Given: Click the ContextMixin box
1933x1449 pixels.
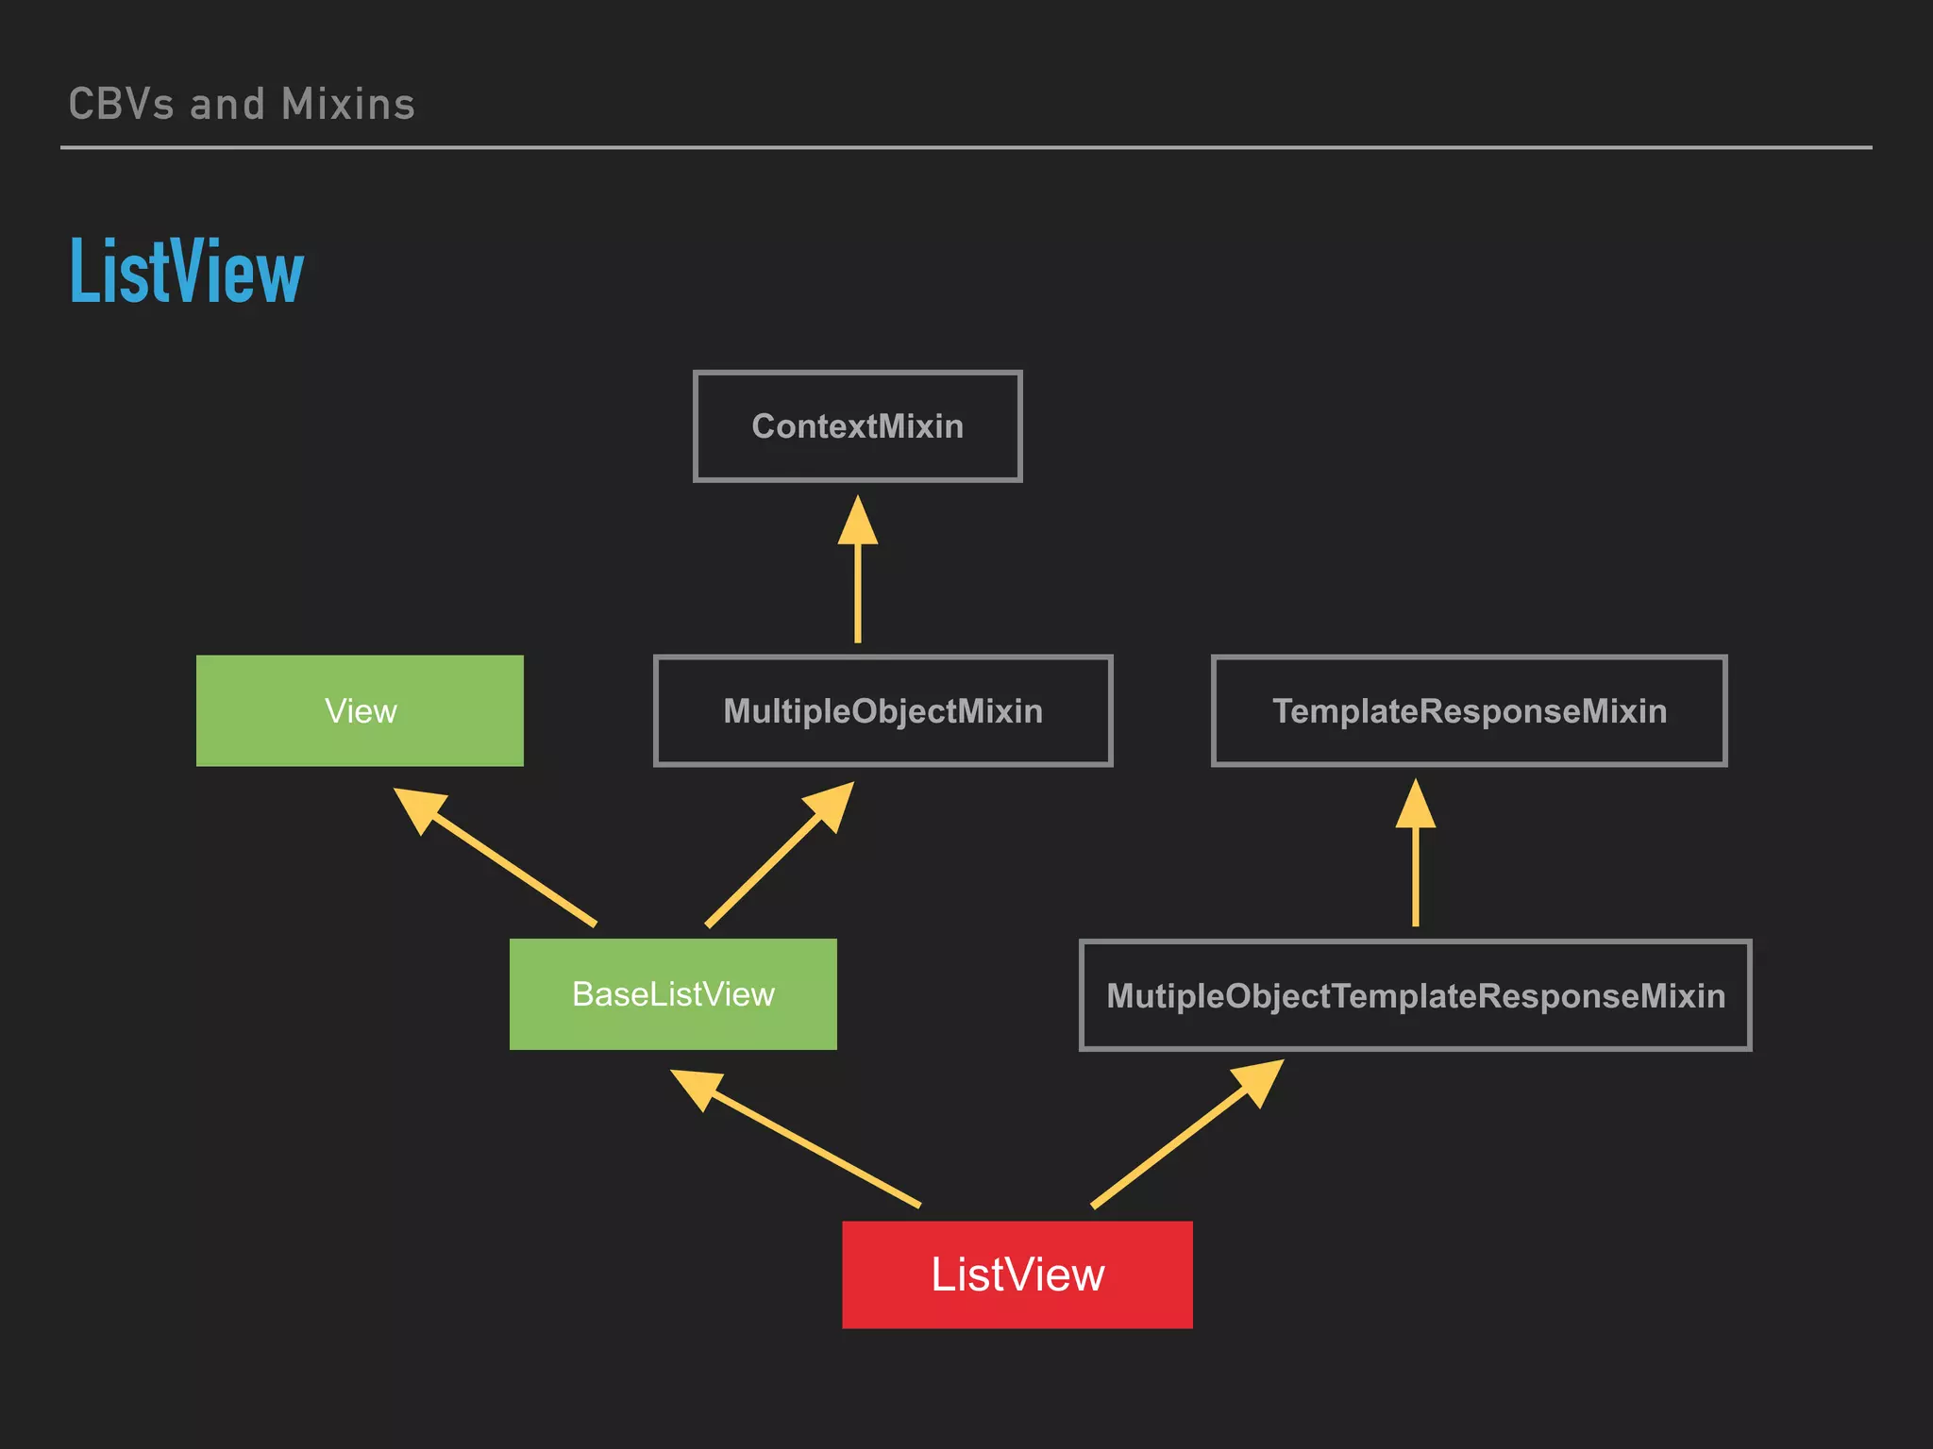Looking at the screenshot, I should tap(857, 426).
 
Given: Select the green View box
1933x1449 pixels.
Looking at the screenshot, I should tap(360, 710).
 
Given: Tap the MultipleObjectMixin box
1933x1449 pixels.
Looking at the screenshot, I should tap(882, 710).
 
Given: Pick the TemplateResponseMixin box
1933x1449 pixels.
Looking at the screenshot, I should tap(1469, 710).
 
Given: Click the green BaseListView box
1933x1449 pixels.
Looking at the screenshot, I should tap(673, 993).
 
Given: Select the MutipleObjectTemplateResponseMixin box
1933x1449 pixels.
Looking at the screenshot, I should tap(1415, 995).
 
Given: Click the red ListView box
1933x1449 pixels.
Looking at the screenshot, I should tap(1017, 1274).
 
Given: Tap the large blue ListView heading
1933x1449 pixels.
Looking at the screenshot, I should tap(187, 272).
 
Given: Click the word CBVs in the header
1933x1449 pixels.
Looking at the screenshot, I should tap(121, 105).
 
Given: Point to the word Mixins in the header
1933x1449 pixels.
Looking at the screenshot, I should tap(348, 105).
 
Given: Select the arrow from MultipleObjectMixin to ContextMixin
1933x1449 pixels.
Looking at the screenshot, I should tap(857, 585).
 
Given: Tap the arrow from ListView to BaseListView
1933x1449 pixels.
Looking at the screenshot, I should tap(812, 1146).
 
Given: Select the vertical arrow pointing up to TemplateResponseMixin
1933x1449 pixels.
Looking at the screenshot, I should tap(1415, 868).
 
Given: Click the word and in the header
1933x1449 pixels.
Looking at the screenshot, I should tap(227, 105).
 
